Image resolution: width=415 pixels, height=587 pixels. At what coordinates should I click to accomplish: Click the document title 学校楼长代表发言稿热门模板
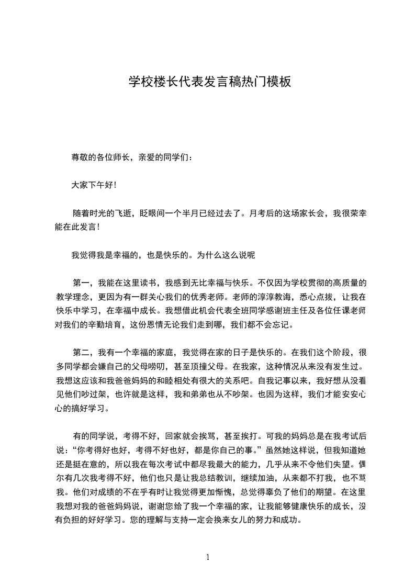pos(207,82)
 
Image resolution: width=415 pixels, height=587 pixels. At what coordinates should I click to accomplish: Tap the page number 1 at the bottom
pos(208,557)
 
